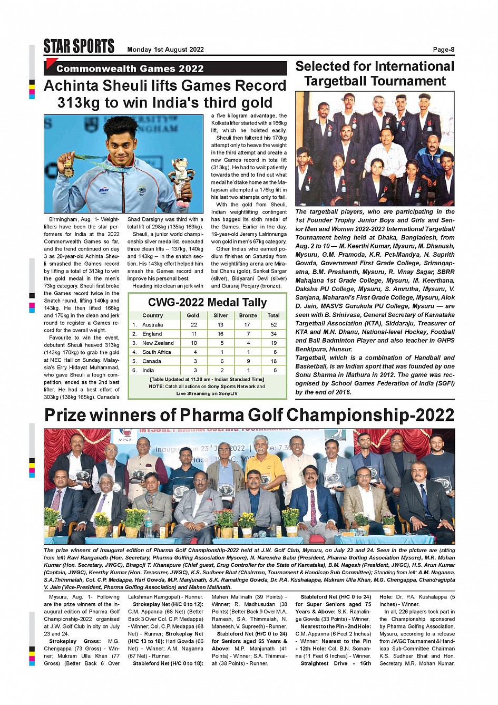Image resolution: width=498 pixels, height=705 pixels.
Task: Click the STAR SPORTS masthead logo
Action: (79, 46)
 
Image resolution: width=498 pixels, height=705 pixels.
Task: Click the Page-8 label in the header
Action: (443, 50)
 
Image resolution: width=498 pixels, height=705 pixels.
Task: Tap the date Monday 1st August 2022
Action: (165, 50)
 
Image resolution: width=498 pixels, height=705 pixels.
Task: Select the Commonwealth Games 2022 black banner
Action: (165, 69)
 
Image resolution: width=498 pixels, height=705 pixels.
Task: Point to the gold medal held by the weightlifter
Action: (69, 170)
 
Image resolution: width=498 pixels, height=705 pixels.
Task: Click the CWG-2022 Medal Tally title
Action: (207, 302)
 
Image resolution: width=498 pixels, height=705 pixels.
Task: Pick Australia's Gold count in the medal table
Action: (193, 325)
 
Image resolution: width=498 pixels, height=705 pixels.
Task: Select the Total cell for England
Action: (274, 334)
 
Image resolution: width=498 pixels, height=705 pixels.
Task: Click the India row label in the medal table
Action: (149, 370)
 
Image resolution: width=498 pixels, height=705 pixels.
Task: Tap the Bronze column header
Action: (248, 315)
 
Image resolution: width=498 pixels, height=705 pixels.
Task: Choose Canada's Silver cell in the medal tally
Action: (221, 361)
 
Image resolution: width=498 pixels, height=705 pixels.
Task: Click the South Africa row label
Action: (157, 352)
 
